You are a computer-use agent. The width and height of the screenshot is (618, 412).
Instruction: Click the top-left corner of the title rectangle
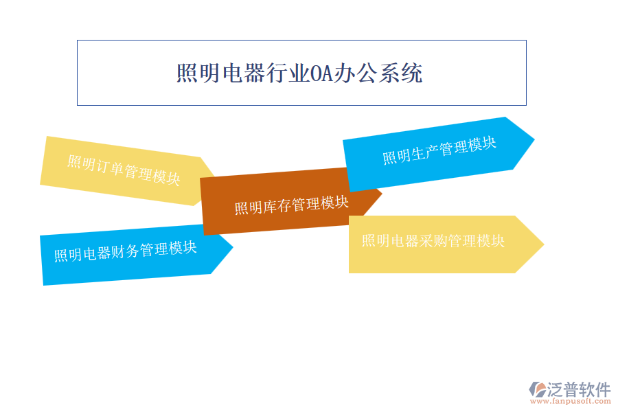(x=77, y=41)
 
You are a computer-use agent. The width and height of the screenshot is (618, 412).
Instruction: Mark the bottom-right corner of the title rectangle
(x=526, y=105)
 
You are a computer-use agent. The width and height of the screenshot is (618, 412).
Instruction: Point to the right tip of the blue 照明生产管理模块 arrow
(x=534, y=139)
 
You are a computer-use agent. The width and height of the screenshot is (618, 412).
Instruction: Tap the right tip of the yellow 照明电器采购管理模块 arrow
(x=545, y=244)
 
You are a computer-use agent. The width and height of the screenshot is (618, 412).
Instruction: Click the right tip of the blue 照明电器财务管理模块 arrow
(x=233, y=247)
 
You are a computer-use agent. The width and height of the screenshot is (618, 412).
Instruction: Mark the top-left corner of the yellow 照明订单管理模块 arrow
(x=47, y=137)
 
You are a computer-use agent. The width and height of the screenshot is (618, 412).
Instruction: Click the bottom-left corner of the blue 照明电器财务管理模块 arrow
(x=43, y=286)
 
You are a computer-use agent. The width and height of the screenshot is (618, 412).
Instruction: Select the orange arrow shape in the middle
(x=291, y=201)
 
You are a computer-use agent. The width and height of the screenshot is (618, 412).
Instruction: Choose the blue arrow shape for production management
(x=439, y=154)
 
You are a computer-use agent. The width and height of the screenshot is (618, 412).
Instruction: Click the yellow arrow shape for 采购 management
(x=446, y=244)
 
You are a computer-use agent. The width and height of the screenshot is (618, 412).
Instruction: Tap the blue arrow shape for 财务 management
(x=137, y=255)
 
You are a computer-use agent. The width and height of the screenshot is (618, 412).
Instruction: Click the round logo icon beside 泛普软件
(x=537, y=389)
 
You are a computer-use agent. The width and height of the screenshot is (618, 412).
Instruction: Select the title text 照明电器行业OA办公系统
(x=299, y=73)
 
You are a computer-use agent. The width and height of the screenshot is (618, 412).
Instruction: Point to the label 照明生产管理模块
(x=439, y=150)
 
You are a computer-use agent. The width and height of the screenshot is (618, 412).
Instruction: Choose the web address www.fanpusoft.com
(x=571, y=402)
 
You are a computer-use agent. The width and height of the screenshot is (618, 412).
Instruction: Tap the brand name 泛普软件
(x=579, y=389)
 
